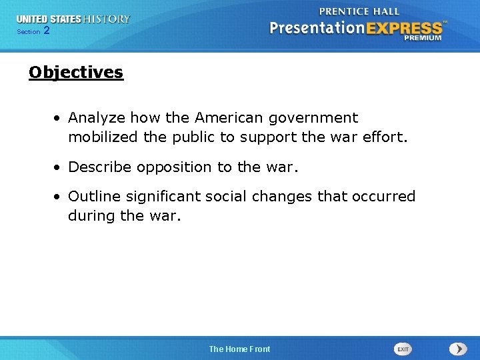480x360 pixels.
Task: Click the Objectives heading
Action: pos(76,72)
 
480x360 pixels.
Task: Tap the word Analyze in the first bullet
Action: pos(97,118)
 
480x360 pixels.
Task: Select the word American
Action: pos(229,118)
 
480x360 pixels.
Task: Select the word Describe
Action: pos(100,167)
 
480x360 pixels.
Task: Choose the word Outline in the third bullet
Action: pos(95,197)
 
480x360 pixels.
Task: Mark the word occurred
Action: pos(385,197)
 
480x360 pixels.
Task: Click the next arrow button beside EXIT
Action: pos(458,349)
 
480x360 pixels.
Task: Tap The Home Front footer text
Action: pos(239,349)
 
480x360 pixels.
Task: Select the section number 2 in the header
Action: pos(46,31)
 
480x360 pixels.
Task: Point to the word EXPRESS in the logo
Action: pos(402,29)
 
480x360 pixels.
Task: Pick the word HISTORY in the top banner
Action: pos(106,19)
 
